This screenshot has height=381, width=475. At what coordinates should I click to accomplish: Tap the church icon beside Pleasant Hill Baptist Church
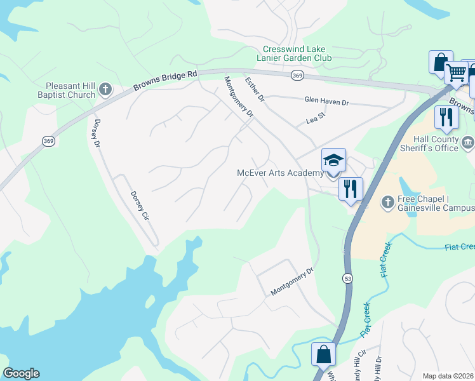click(106, 90)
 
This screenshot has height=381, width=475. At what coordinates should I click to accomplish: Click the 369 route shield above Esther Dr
click(297, 76)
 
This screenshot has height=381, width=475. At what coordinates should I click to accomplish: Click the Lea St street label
click(315, 118)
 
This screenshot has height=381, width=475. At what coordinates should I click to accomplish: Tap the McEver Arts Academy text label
click(280, 173)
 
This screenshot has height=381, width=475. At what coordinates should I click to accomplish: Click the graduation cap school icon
click(333, 161)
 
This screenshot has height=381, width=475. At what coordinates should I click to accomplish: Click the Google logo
click(21, 373)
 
